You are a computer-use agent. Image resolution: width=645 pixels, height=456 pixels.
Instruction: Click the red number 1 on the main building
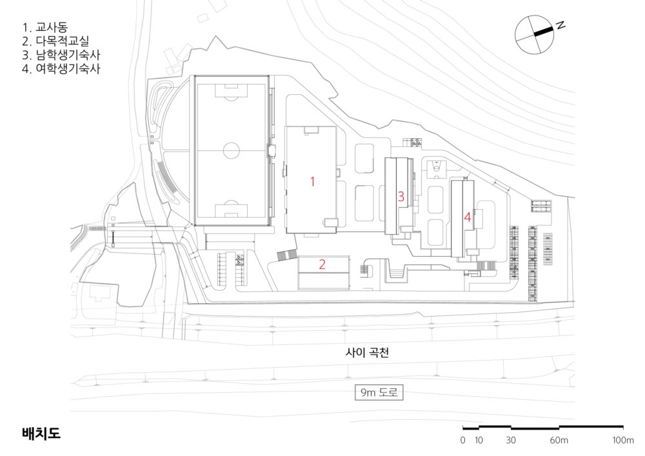(312, 181)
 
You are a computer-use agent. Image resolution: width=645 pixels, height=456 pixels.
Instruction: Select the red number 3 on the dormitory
(401, 197)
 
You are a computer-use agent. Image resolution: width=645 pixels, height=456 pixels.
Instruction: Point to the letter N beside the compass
(561, 25)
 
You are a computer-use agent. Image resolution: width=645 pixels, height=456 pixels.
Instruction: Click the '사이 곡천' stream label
(365, 353)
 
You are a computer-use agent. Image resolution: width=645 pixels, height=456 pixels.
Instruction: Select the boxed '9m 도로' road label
(379, 393)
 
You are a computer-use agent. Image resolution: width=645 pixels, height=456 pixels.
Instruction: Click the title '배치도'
(40, 433)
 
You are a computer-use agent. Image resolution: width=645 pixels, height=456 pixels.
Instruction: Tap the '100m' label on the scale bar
(622, 441)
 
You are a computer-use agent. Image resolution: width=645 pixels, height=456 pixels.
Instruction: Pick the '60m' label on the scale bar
(559, 441)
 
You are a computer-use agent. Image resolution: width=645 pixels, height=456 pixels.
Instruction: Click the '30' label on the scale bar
(511, 441)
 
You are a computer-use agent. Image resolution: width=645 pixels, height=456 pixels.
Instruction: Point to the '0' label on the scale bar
(462, 441)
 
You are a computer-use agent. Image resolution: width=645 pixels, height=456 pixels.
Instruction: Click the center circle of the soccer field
(232, 151)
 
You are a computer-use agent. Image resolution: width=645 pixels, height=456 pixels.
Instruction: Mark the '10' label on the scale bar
(479, 441)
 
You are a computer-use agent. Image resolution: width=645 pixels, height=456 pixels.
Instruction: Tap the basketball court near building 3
(437, 168)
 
